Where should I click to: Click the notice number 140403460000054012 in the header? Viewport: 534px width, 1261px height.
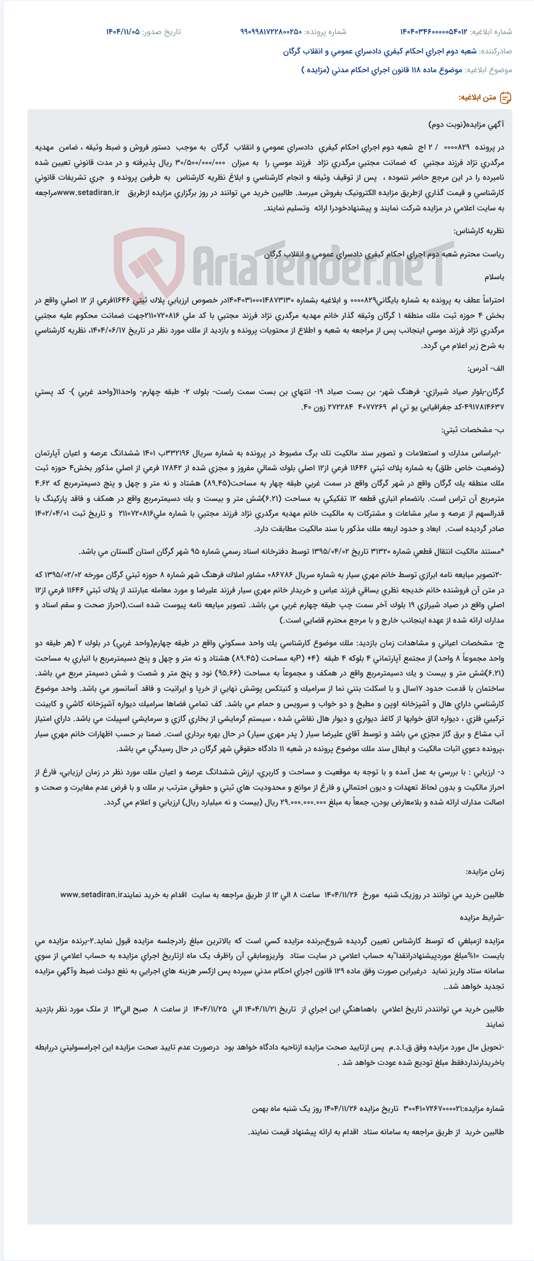[433, 32]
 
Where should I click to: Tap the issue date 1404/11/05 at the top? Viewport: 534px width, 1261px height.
[122, 32]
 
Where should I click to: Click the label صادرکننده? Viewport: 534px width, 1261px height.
[495, 51]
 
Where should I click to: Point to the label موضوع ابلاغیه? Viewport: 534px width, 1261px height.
[489, 70]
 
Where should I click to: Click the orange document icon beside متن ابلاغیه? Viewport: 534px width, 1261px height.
[505, 98]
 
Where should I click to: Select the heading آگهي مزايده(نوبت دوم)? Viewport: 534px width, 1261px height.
[466, 125]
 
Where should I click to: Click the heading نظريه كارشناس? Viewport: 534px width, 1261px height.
[478, 231]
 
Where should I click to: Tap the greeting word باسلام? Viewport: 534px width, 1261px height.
[494, 277]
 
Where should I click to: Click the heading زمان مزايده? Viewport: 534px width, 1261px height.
[485, 872]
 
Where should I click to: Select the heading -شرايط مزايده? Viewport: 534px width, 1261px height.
[482, 917]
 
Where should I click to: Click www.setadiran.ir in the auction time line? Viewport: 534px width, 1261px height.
[92, 894]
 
